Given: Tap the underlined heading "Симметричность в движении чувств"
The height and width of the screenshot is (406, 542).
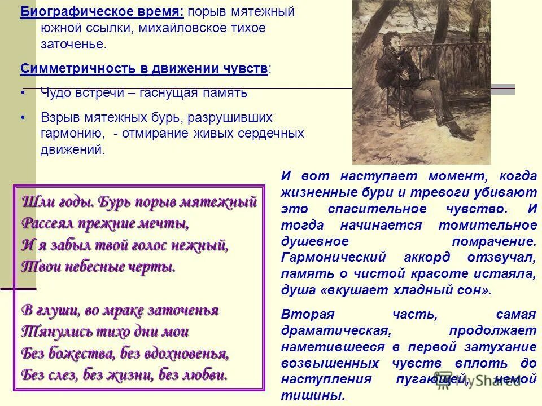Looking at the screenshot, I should [144, 69].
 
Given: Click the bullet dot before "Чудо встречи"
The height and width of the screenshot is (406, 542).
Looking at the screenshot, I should [23, 92].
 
